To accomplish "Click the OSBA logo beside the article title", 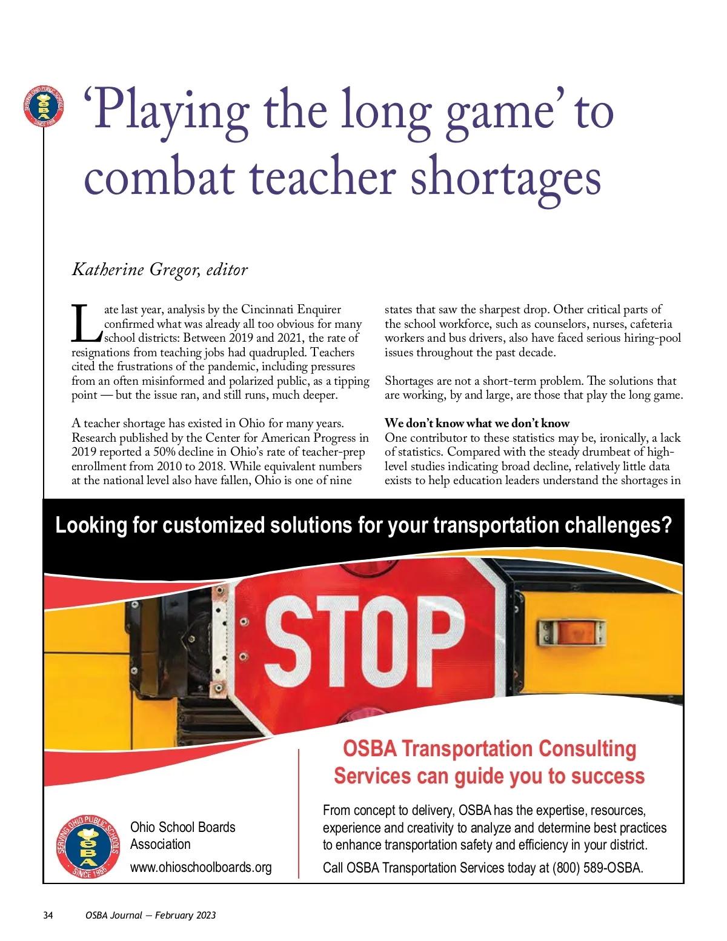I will coord(44,107).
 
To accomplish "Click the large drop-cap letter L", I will coord(85,324).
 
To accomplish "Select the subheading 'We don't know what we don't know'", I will coord(477,424).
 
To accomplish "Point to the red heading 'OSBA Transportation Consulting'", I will coord(490,749).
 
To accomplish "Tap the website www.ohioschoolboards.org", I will coord(201,868).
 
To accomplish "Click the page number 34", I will coord(48,916).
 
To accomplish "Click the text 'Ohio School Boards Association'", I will coord(182,836).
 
